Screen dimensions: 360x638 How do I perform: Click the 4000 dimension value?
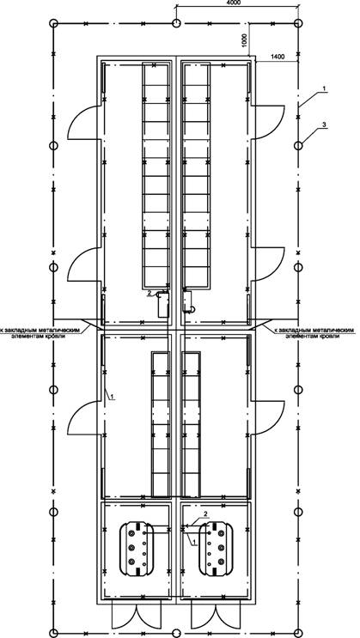[235, 3]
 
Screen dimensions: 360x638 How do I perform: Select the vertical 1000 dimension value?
[244, 40]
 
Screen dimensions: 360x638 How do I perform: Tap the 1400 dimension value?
[278, 57]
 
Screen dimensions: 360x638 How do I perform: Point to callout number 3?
[323, 125]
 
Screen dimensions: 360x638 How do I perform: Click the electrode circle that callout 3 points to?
[298, 145]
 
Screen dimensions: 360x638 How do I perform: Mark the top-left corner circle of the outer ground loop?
[53, 23]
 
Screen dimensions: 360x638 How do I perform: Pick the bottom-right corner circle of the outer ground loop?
[298, 633]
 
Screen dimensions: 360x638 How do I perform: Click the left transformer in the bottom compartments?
[137, 549]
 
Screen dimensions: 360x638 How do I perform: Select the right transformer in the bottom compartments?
[216, 549]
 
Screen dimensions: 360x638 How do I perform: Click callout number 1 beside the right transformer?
[194, 543]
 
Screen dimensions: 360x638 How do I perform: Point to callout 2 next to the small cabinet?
[149, 293]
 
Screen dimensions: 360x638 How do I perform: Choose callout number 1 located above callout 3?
[323, 88]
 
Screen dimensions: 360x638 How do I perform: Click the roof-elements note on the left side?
[40, 333]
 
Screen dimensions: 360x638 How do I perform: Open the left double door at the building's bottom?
[137, 617]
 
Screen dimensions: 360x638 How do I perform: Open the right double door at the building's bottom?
[216, 617]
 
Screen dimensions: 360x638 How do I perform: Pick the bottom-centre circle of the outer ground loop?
[176, 633]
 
